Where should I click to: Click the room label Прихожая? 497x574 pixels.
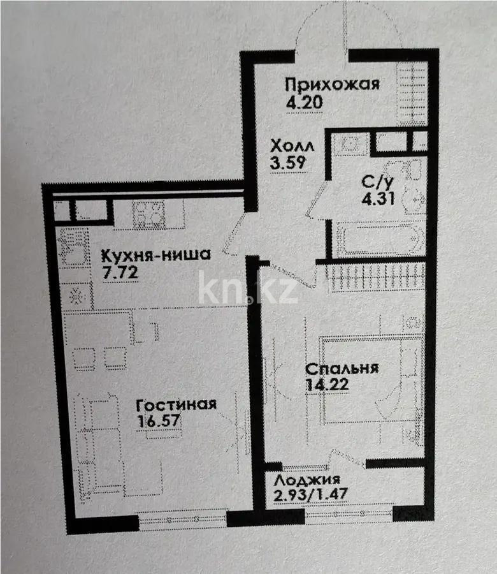[x=332, y=84]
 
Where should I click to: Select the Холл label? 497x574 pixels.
[x=291, y=145]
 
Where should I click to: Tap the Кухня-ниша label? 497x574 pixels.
[x=156, y=256]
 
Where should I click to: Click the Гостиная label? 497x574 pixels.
[x=176, y=404]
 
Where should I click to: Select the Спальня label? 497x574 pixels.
[x=342, y=369]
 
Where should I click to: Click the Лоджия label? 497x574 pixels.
[x=307, y=480]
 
